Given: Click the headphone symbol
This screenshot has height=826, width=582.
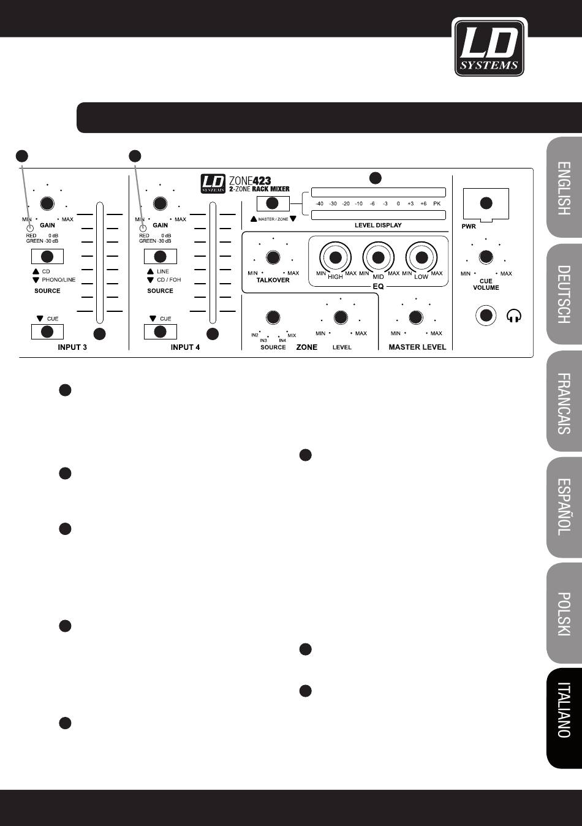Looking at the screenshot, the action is coord(515,316).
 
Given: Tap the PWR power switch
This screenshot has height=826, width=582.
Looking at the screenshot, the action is coord(486,204).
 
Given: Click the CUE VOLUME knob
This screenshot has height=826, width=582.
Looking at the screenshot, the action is coord(486,256).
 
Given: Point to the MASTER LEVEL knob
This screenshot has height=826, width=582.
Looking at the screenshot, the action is coord(416,317).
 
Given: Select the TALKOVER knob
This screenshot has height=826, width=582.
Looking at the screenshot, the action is coord(273,257).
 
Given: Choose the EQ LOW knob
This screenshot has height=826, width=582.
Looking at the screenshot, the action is coord(421,257).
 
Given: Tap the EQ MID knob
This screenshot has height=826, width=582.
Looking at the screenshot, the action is coord(378,257).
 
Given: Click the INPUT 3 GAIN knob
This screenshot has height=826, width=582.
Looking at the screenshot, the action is coord(47,204).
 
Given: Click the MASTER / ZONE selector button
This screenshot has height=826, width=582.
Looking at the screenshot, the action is coord(273,203).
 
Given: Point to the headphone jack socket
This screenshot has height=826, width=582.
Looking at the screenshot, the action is coord(486,316).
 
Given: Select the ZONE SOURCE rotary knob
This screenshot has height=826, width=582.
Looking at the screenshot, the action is coord(273,317).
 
